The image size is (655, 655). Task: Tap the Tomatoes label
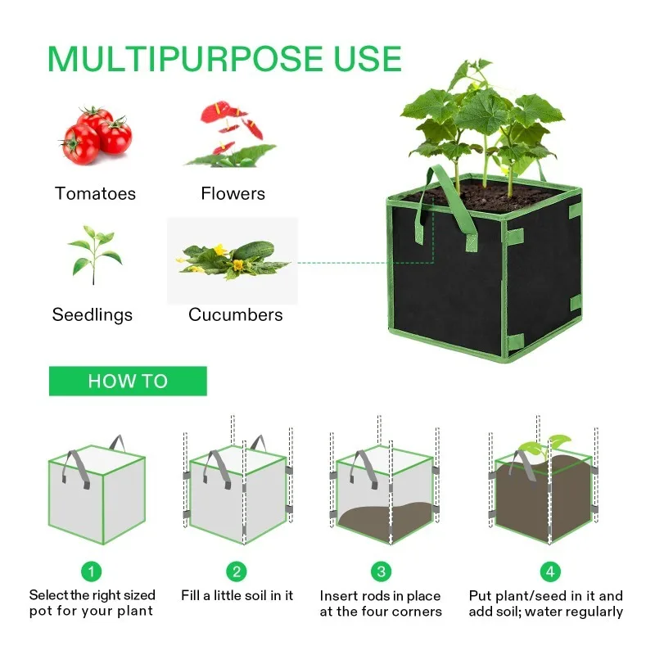coord(95,194)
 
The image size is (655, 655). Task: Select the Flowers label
coord(233,194)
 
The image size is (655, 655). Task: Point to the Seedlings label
coord(93,314)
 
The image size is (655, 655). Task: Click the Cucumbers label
coord(236,314)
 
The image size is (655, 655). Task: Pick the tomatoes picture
coord(95,135)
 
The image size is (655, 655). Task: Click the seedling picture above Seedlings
coord(94,254)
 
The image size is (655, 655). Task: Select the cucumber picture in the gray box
coord(233,258)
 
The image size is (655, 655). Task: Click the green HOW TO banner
coord(128,381)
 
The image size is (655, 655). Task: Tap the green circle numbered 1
coord(93,571)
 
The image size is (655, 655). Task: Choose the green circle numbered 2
coord(237,571)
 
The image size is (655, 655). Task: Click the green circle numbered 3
coord(380,571)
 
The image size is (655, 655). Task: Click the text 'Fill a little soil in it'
coord(237,596)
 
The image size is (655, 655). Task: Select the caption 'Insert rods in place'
coord(380,596)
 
